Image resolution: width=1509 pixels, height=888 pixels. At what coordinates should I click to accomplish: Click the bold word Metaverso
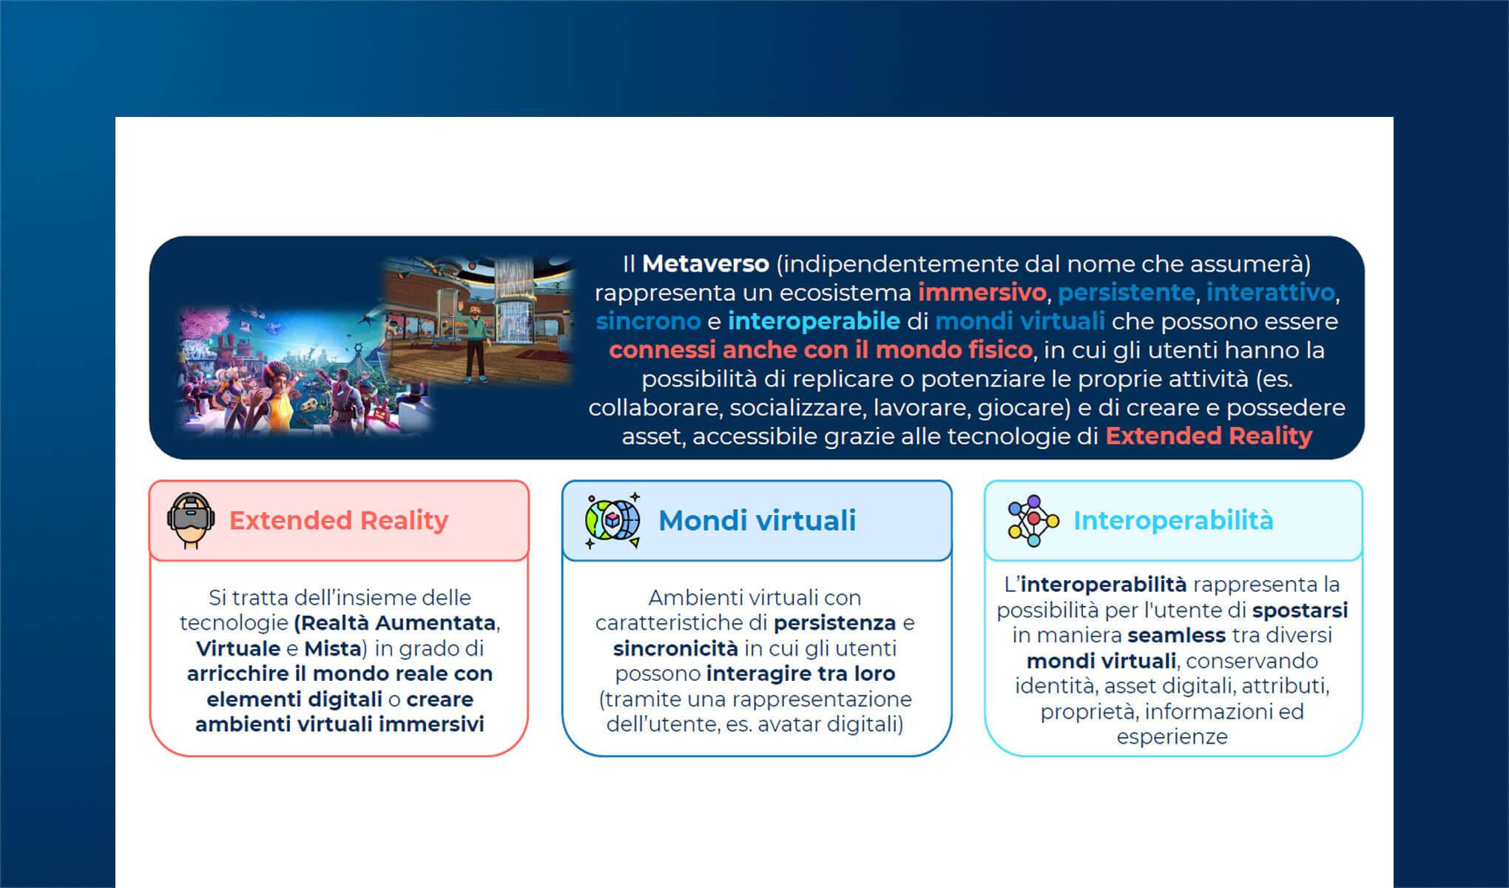[x=706, y=263]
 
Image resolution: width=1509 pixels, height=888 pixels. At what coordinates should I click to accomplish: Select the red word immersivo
[x=982, y=292]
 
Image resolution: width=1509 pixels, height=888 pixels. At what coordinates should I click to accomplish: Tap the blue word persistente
[x=1127, y=292]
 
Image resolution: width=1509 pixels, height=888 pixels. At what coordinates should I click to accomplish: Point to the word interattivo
[x=1271, y=292]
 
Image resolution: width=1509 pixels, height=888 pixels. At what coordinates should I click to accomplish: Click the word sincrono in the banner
[x=648, y=321]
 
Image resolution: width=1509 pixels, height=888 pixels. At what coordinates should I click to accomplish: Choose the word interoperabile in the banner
[x=814, y=321]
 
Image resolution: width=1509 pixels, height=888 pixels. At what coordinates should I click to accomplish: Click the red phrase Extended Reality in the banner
[x=1209, y=436]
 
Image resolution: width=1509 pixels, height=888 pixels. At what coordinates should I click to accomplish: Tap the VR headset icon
[x=191, y=520]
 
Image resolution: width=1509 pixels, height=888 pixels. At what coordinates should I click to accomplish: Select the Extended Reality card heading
[x=339, y=520]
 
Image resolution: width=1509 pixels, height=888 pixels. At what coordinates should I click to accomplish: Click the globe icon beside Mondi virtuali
[x=612, y=520]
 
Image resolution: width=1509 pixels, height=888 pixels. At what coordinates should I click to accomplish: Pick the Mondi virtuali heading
[x=757, y=520]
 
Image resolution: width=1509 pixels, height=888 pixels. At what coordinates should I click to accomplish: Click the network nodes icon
[x=1033, y=521]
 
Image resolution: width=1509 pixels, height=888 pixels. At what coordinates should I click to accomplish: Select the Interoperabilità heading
[x=1173, y=520]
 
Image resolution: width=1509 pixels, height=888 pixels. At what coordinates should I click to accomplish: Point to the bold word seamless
[x=1176, y=635]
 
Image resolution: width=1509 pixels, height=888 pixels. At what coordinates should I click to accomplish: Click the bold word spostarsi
[x=1300, y=610]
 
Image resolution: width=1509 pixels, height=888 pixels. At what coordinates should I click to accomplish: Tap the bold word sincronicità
[x=675, y=648]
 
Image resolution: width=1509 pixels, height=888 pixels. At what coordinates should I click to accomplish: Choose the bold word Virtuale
[x=238, y=648]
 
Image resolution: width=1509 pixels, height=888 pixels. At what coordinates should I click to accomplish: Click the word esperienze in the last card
[x=1172, y=737]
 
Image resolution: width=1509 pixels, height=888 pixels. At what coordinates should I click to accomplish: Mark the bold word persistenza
[x=835, y=623]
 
